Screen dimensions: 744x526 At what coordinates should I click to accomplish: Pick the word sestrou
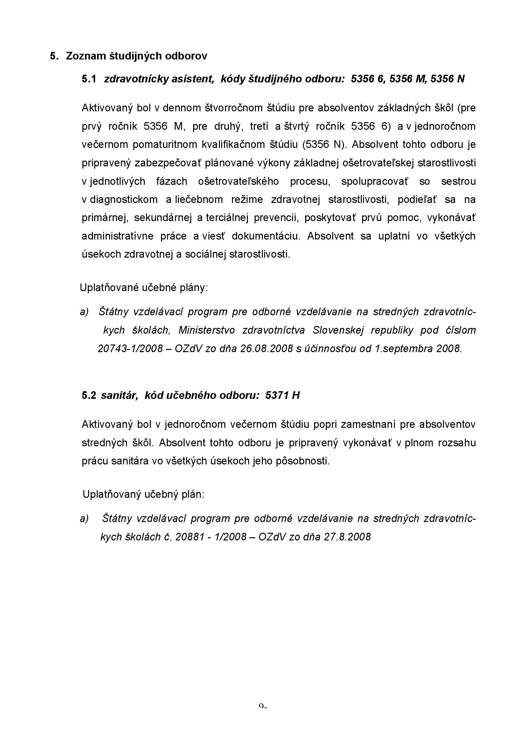pyautogui.click(x=458, y=181)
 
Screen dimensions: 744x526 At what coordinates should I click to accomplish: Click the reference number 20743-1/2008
pyautogui.click(x=130, y=348)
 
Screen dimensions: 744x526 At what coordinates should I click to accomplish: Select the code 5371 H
pyautogui.click(x=282, y=395)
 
